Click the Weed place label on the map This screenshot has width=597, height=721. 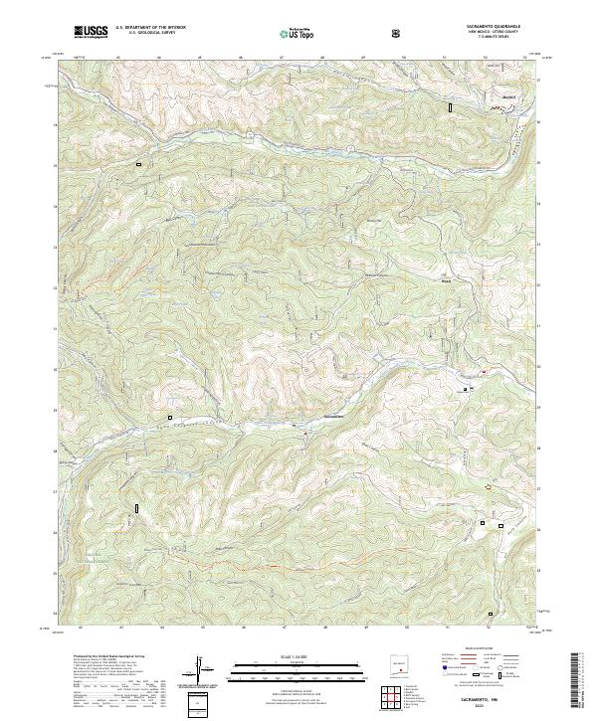[446, 280]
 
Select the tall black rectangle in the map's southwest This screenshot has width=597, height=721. [135, 509]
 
